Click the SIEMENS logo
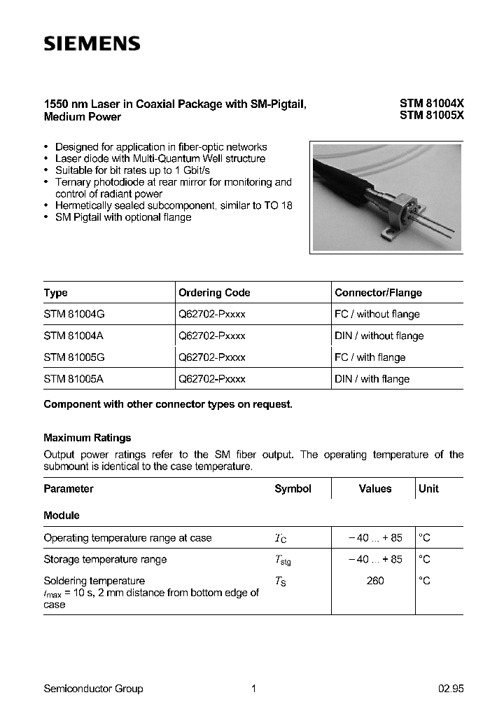coord(92,44)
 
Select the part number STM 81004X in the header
coord(431,103)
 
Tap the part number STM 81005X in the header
coord(431,116)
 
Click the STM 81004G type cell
coord(73,314)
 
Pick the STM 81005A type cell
coord(73,378)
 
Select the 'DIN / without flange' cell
coord(379,336)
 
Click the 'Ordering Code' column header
coord(214,292)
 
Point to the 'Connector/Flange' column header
coord(378,292)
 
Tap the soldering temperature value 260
coord(375,581)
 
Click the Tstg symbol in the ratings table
coord(282,560)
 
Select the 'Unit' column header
coord(428,488)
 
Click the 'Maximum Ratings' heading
coord(87,437)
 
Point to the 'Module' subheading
coord(62,515)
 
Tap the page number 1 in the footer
coord(253,689)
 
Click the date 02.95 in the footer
coord(451,689)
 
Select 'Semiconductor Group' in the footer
coord(93,689)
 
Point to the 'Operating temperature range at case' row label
coord(127,537)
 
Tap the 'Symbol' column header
coord(293,488)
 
